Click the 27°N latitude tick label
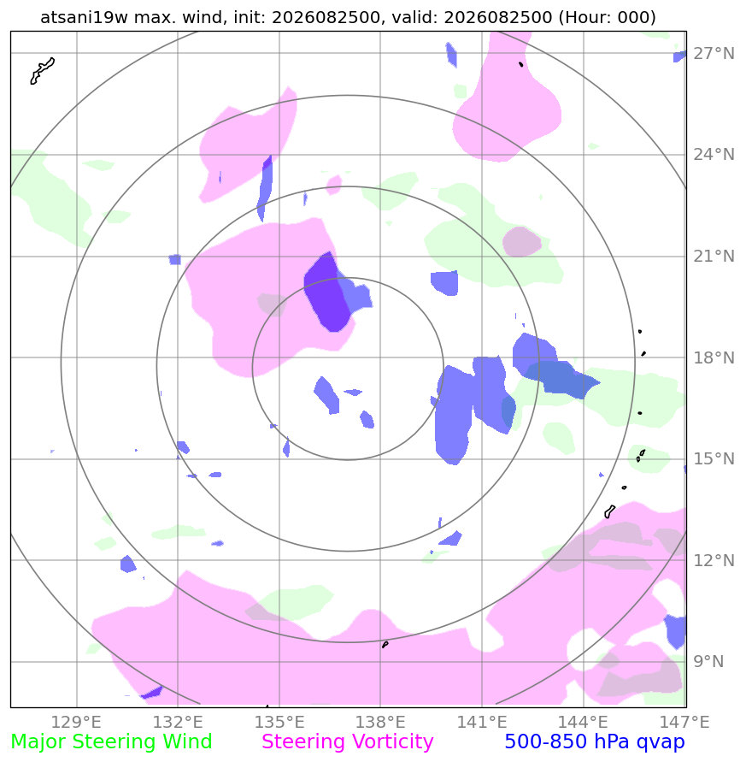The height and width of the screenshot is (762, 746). [x=714, y=54]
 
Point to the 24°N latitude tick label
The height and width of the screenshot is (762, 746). [x=714, y=155]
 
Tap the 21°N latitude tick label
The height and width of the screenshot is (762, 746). [x=714, y=256]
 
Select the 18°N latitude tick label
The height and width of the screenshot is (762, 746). [x=714, y=357]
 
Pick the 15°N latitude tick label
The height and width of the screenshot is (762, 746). [x=714, y=458]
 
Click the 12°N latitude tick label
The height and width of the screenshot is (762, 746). [x=714, y=560]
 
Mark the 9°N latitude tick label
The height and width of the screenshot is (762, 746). [x=708, y=661]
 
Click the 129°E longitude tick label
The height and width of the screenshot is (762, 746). [x=76, y=722]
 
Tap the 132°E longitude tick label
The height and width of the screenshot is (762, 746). [x=178, y=722]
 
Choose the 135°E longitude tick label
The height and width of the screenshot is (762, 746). [x=279, y=722]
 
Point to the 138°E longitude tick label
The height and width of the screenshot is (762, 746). [x=380, y=722]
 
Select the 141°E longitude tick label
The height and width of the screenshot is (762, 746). [x=482, y=722]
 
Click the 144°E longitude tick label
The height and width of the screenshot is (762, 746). [x=583, y=722]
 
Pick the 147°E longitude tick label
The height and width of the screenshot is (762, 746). [x=684, y=722]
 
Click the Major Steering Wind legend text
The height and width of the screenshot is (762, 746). [x=111, y=742]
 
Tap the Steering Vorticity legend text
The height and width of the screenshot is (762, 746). [x=347, y=742]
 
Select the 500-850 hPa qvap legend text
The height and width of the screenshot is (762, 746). [x=595, y=742]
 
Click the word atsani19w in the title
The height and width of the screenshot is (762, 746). [x=84, y=17]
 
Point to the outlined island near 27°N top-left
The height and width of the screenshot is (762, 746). [x=42, y=71]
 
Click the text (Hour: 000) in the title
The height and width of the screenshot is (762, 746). [x=607, y=17]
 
